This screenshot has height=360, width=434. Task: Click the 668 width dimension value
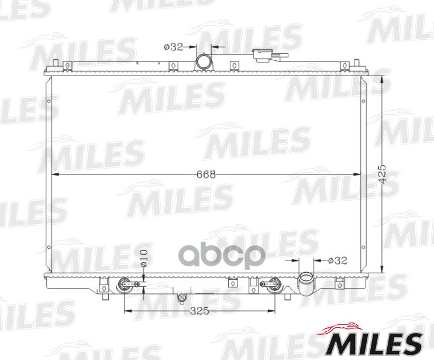click(x=206, y=174)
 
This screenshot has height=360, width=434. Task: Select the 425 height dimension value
click(x=382, y=174)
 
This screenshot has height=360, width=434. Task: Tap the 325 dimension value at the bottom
click(x=199, y=311)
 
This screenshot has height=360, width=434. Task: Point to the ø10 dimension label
click(x=144, y=258)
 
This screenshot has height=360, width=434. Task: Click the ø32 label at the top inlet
click(x=174, y=47)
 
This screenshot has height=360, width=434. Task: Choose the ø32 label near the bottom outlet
click(x=337, y=260)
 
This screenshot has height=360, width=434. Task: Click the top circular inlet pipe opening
click(x=204, y=61)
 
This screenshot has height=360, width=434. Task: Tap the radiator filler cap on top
click(x=270, y=56)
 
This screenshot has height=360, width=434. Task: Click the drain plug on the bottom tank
click(x=181, y=298)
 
